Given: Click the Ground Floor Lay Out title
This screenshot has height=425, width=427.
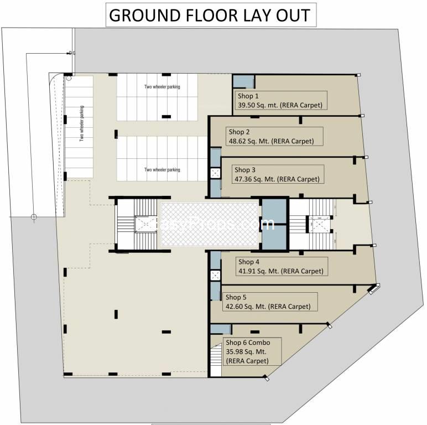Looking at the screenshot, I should (211, 15).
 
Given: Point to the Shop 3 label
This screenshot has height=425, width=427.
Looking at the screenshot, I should (245, 170).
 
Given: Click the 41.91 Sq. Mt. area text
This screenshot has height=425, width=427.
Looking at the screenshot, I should (280, 271).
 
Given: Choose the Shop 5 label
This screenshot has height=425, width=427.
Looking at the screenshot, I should (236, 297).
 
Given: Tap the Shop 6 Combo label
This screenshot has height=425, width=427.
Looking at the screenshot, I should (248, 343).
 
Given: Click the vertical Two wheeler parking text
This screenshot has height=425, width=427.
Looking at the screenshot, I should (81, 124).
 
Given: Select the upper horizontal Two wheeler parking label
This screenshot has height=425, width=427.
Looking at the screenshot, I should (162, 87).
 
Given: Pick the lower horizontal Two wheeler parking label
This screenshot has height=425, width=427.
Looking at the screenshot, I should (162, 170).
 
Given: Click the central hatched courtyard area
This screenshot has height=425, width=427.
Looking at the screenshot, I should (210, 224).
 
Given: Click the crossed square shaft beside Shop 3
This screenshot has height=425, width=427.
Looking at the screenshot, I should (215, 173).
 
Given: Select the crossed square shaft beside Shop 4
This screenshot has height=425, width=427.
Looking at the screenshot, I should (215, 274).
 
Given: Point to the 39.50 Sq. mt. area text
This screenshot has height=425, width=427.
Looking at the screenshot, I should (279, 105).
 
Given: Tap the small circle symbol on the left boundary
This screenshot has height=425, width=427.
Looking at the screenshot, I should (34, 216).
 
